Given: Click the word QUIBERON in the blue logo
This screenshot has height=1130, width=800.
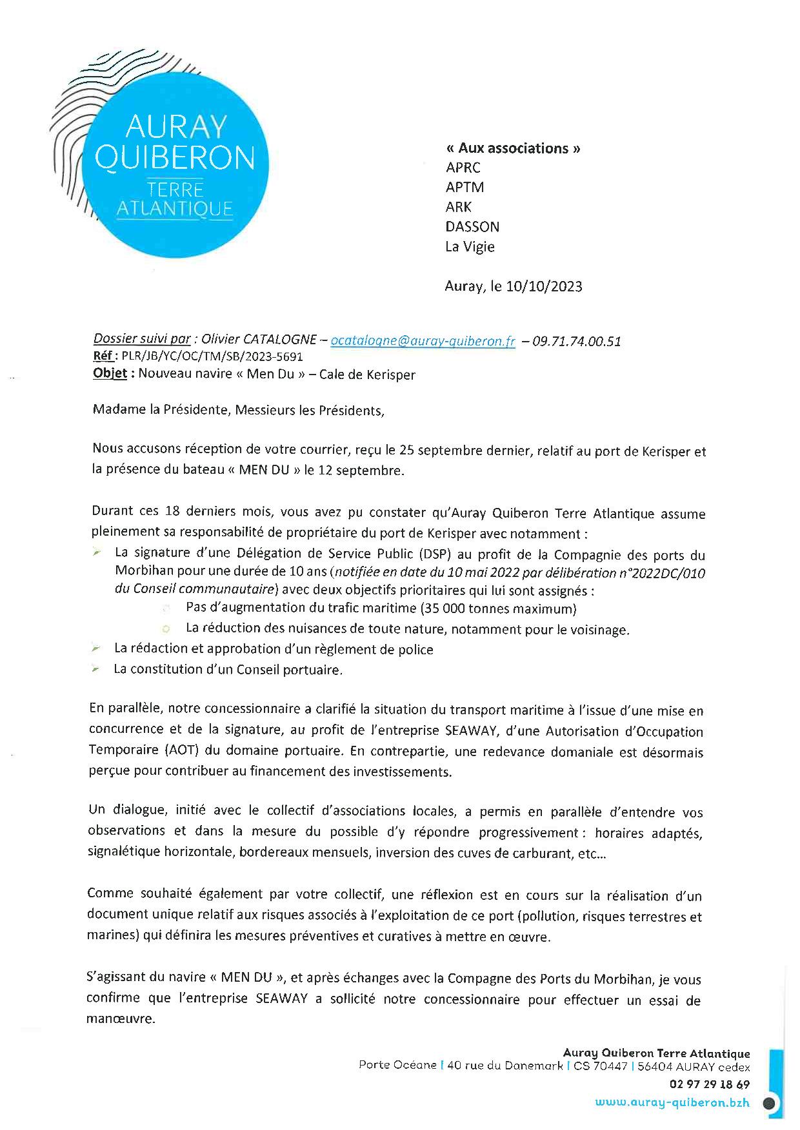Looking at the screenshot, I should [175, 157].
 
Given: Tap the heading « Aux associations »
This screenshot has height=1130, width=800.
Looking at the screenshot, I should [513, 148].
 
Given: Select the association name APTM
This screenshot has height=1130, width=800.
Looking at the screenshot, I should [465, 187].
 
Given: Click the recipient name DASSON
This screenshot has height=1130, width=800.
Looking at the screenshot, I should [472, 226].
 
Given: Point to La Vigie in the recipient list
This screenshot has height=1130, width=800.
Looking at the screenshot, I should [470, 246].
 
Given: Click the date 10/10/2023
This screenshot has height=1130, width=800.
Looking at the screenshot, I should [545, 286].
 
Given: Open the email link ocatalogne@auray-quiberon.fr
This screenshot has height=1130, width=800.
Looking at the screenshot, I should [423, 341].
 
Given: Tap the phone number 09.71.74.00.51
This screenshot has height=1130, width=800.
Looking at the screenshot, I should [576, 341].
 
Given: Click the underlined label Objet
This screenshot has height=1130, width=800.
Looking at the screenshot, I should [110, 374].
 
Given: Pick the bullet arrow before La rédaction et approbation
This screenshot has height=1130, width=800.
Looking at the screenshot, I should [96, 648].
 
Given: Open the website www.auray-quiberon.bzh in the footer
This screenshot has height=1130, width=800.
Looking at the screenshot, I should [672, 1102].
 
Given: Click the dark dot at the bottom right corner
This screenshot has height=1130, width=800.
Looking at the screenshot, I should [768, 1103].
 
